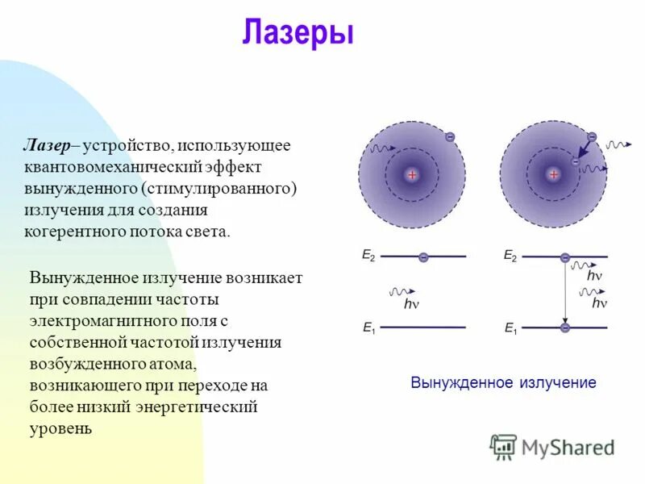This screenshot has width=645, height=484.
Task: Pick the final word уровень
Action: [x=60, y=428]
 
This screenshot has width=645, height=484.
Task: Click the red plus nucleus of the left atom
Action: [x=412, y=175]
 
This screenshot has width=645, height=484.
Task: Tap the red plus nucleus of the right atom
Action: [x=553, y=175]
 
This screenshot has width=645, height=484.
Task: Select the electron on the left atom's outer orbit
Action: [x=450, y=137]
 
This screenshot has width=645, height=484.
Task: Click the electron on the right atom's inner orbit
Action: [x=575, y=162]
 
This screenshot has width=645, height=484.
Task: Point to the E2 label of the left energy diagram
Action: [x=368, y=256]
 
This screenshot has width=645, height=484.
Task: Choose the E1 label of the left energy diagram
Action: [x=368, y=328]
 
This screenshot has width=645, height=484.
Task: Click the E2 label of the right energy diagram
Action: [x=510, y=256]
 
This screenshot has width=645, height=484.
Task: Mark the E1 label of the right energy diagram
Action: [x=510, y=328]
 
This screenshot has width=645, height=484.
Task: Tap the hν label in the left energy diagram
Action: [x=411, y=304]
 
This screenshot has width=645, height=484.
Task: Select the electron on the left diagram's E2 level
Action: [x=423, y=257]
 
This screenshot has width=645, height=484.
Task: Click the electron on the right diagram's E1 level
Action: [x=564, y=328]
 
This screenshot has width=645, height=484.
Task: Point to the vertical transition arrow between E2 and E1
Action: [x=564, y=292]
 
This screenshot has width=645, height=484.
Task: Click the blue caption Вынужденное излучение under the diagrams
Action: [x=503, y=382]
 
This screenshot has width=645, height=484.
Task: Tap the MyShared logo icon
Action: [x=503, y=446]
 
